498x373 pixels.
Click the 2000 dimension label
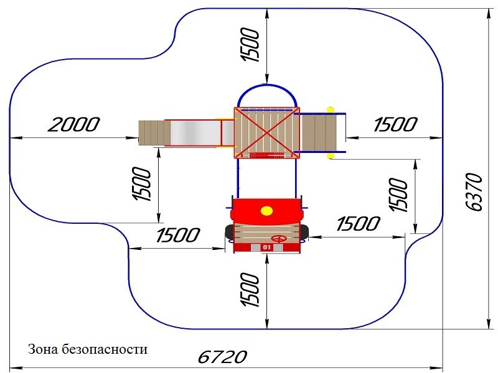click(73, 124)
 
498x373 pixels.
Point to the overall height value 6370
click(474, 191)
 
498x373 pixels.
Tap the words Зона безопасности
click(88, 349)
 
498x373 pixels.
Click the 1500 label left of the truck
click(178, 235)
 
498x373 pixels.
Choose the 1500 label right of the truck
click(358, 224)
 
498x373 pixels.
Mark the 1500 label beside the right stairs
click(395, 124)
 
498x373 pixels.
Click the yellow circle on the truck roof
click(266, 211)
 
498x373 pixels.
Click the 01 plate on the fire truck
click(267, 247)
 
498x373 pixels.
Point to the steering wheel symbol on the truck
click(279, 239)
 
